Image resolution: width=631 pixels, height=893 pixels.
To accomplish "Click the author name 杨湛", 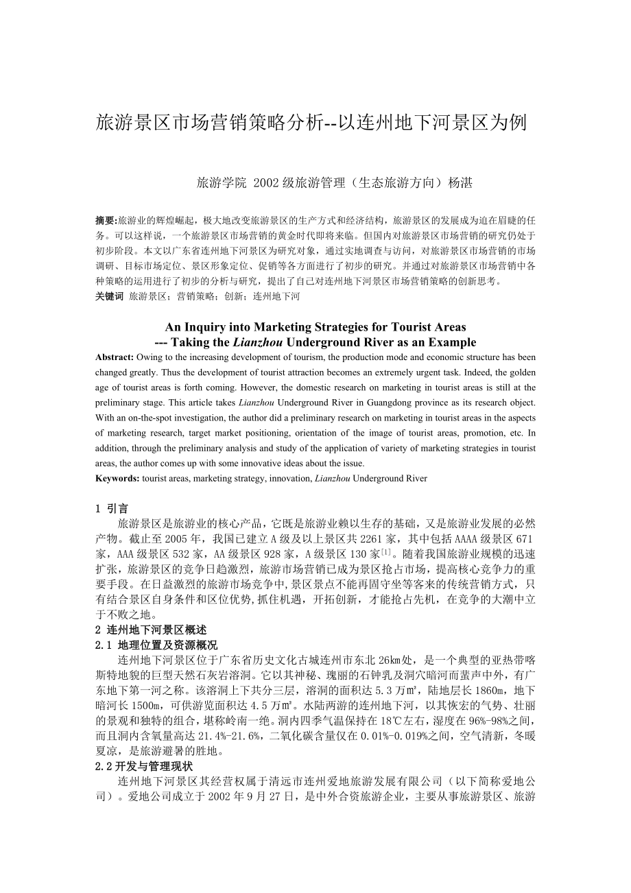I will [460, 182].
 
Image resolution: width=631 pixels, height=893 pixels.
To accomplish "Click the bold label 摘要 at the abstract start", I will [106, 221].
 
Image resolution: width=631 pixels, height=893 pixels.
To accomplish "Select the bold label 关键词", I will [110, 296].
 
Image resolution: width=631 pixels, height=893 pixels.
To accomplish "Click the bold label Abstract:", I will [115, 357].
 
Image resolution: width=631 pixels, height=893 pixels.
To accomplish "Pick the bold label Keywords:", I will [118, 478].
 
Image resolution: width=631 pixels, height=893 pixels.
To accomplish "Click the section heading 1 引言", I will [112, 509].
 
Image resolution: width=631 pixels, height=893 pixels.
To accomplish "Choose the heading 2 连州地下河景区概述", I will [151, 630].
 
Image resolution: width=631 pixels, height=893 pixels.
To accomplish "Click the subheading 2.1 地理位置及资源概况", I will [156, 645].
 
